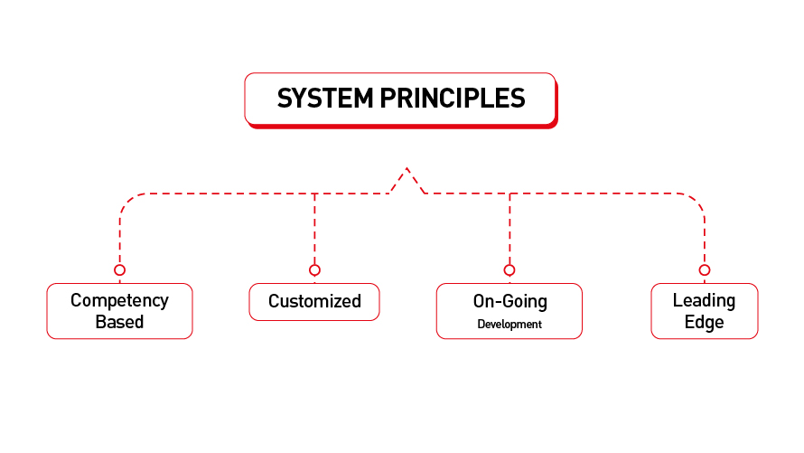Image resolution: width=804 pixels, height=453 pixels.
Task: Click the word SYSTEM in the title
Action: point(324,98)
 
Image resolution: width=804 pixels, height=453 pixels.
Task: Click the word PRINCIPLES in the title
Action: point(453,98)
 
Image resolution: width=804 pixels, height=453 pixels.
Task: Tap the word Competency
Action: point(119,301)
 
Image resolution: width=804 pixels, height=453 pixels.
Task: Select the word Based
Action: point(119,322)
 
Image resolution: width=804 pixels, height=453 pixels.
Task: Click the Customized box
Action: point(314,302)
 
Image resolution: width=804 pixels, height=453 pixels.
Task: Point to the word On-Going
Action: point(510,301)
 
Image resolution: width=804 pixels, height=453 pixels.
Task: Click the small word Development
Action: point(510,325)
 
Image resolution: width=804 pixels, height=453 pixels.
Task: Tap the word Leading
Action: point(704,300)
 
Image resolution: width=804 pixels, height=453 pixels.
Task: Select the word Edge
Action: point(704,322)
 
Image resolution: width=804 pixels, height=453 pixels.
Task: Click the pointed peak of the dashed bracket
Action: point(407,168)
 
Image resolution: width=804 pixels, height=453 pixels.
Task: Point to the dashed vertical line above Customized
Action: point(314,229)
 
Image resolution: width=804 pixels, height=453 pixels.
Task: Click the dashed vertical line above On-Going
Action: point(510,229)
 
